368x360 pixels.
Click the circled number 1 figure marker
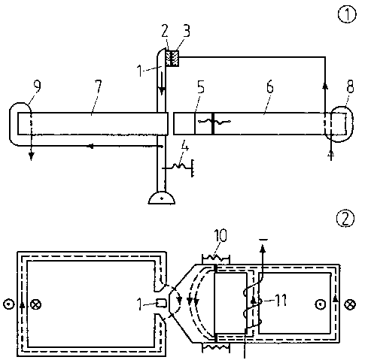347,14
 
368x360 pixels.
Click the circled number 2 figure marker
345,218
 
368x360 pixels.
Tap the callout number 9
37,86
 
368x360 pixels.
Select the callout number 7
99,86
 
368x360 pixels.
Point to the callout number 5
201,87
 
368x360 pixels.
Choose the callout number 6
269,87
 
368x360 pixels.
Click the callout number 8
350,86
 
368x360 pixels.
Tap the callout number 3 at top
187,31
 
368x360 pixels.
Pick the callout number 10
220,235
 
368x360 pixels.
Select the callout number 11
281,300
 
